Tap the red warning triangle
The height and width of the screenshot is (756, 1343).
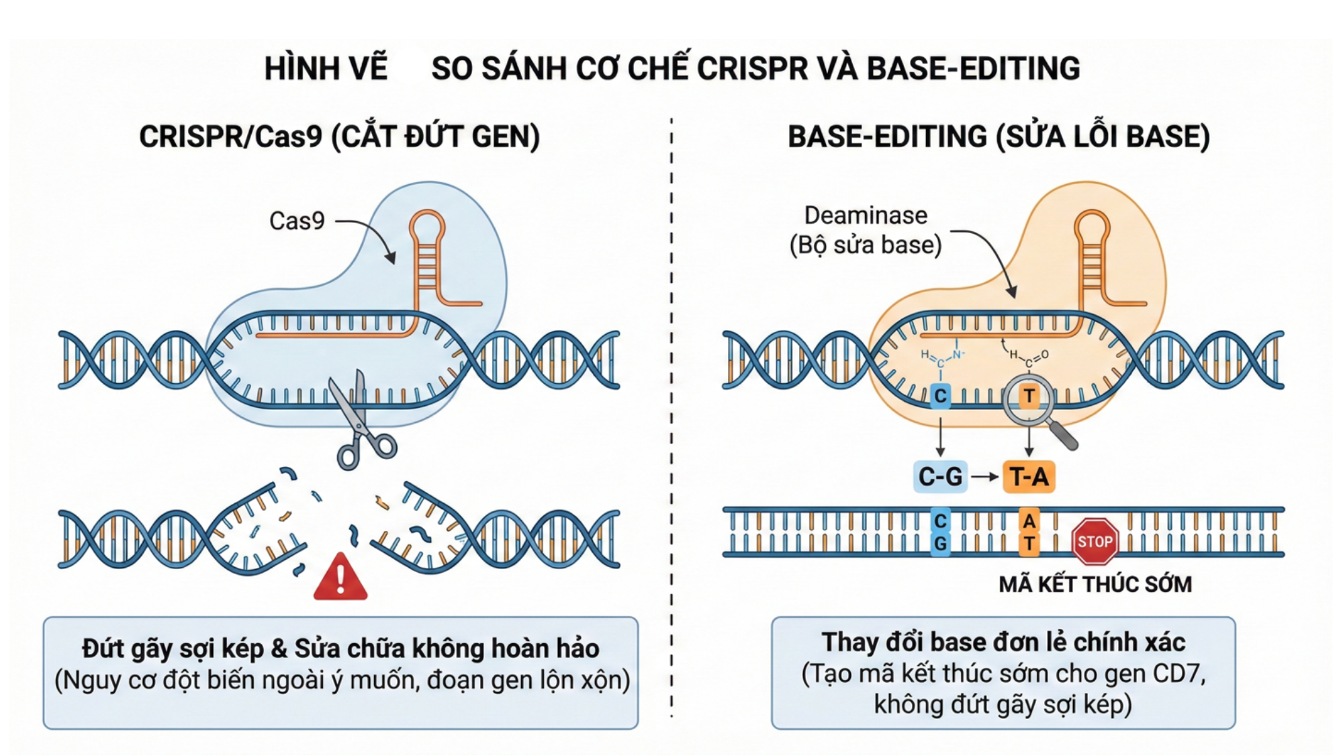coord(340,579)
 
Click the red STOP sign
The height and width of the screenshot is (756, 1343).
coord(1095,542)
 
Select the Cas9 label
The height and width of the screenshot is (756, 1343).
coord(297,221)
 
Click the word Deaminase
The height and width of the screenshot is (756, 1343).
coord(866,216)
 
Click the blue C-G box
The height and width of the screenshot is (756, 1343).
coord(940,476)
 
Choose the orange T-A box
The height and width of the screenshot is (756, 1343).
coord(1029,476)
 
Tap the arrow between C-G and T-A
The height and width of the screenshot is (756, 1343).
coord(985,476)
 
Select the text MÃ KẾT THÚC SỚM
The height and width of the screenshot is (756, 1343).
coord(1095,584)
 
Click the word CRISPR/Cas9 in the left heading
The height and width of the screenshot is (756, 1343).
coord(231,136)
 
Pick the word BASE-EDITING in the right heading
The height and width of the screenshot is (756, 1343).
coord(887,136)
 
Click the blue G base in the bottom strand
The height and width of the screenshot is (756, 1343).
coord(940,543)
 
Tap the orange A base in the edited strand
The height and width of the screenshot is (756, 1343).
coord(1029,521)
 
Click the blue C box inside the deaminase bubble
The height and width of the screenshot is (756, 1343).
coord(940,395)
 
